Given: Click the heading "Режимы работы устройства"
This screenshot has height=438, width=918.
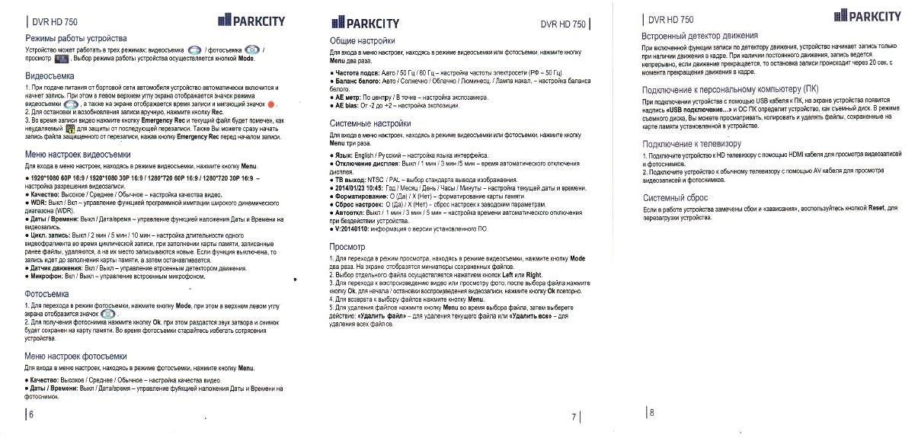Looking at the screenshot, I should coord(76,38).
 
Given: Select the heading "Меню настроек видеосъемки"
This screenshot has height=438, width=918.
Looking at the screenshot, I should coord(78,155).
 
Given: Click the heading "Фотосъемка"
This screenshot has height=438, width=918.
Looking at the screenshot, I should coord(47,293).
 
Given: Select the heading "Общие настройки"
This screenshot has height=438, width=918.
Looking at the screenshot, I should coord(363,40).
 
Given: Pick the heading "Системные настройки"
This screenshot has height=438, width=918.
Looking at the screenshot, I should coord(370,123).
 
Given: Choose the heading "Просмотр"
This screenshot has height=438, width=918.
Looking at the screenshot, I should coord(347,247).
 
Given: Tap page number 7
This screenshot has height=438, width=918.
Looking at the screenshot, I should coord(573,417).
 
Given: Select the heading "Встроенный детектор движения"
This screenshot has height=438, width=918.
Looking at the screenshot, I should coord(700,36).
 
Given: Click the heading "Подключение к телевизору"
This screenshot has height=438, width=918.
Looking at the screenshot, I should coord(692,144).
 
